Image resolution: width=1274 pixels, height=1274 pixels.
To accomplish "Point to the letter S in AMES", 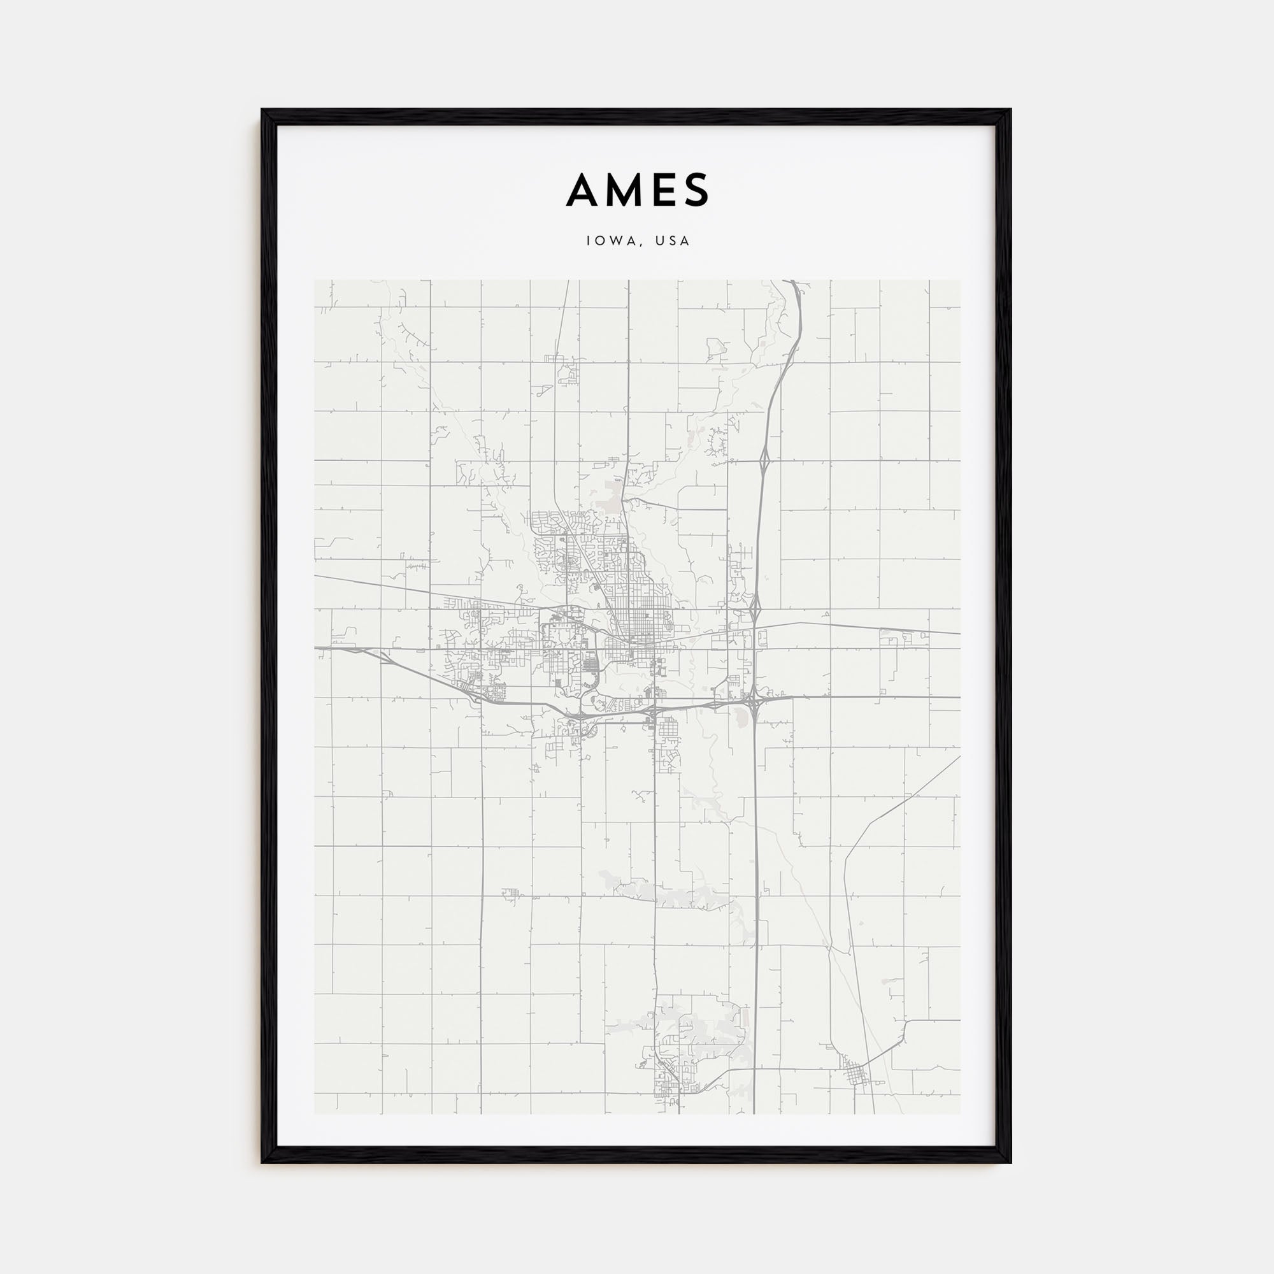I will click(x=696, y=190).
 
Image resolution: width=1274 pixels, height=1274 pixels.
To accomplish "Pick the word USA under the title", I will click(x=673, y=241).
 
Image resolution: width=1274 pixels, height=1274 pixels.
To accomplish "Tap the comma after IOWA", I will click(x=641, y=245).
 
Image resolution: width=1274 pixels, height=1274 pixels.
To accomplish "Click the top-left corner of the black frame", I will click(x=262, y=109).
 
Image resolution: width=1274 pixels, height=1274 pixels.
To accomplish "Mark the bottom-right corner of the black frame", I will click(x=1011, y=1163).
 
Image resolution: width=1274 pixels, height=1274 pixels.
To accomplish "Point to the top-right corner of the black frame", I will click(x=1011, y=109).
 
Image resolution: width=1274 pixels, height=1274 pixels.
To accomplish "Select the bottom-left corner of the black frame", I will click(x=262, y=1163).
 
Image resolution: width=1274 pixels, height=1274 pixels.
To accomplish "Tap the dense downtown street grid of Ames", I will click(x=637, y=620).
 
